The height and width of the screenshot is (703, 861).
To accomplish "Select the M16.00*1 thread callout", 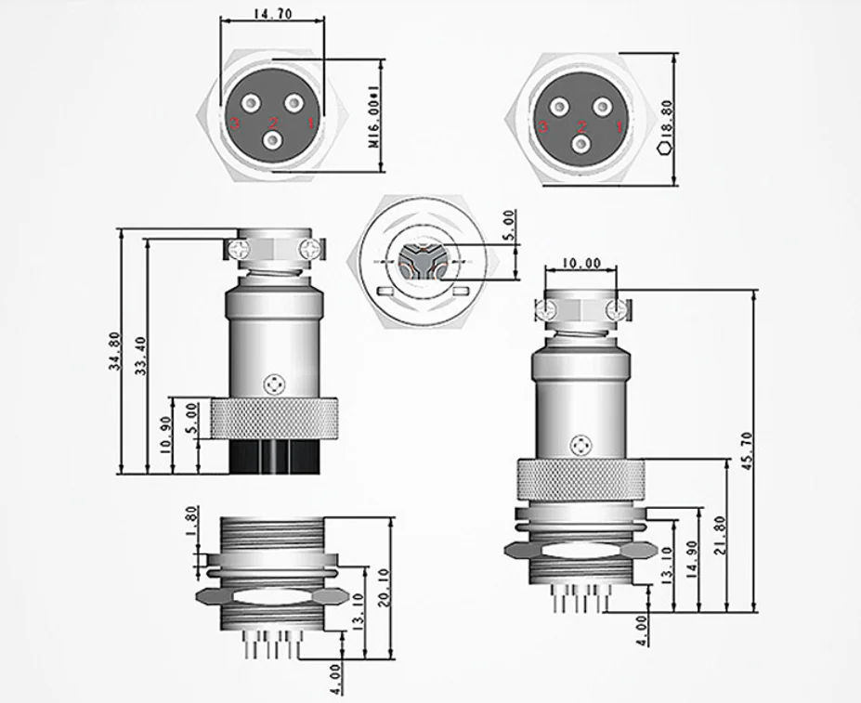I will coord(373,116).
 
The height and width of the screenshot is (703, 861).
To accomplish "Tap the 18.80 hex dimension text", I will coord(665,116).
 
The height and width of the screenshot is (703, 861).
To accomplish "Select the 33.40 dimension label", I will coord(139,357).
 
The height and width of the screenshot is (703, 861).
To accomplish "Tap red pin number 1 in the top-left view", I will coord(312,122).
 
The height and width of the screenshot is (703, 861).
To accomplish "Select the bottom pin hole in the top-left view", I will coord(273,141).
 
